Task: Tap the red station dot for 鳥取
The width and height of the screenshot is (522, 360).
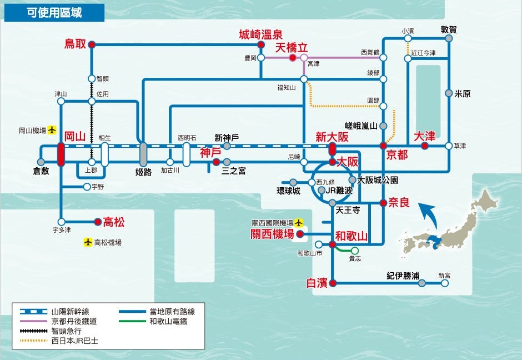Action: click(x=92, y=44)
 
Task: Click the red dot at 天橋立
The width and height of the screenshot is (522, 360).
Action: click(x=292, y=57)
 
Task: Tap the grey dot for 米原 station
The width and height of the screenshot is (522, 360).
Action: click(x=449, y=94)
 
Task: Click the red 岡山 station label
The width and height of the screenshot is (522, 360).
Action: click(x=74, y=137)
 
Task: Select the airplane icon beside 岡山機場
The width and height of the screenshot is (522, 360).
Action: click(x=52, y=131)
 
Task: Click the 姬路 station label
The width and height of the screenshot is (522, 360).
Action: click(x=143, y=172)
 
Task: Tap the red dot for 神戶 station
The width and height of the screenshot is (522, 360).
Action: click(x=215, y=162)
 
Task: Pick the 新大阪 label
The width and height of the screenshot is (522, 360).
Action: click(x=332, y=137)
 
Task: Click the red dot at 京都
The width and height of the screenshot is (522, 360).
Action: click(x=383, y=146)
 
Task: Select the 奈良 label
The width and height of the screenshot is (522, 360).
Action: click(x=399, y=203)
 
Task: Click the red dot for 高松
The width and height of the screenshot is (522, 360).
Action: click(x=98, y=221)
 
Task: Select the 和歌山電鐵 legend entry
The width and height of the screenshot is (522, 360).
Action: click(x=171, y=321)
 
